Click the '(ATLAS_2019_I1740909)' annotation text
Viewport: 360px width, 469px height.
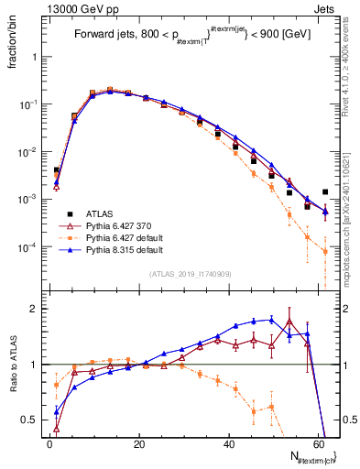point(190,274)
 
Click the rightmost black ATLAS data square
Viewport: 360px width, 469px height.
point(325,192)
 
